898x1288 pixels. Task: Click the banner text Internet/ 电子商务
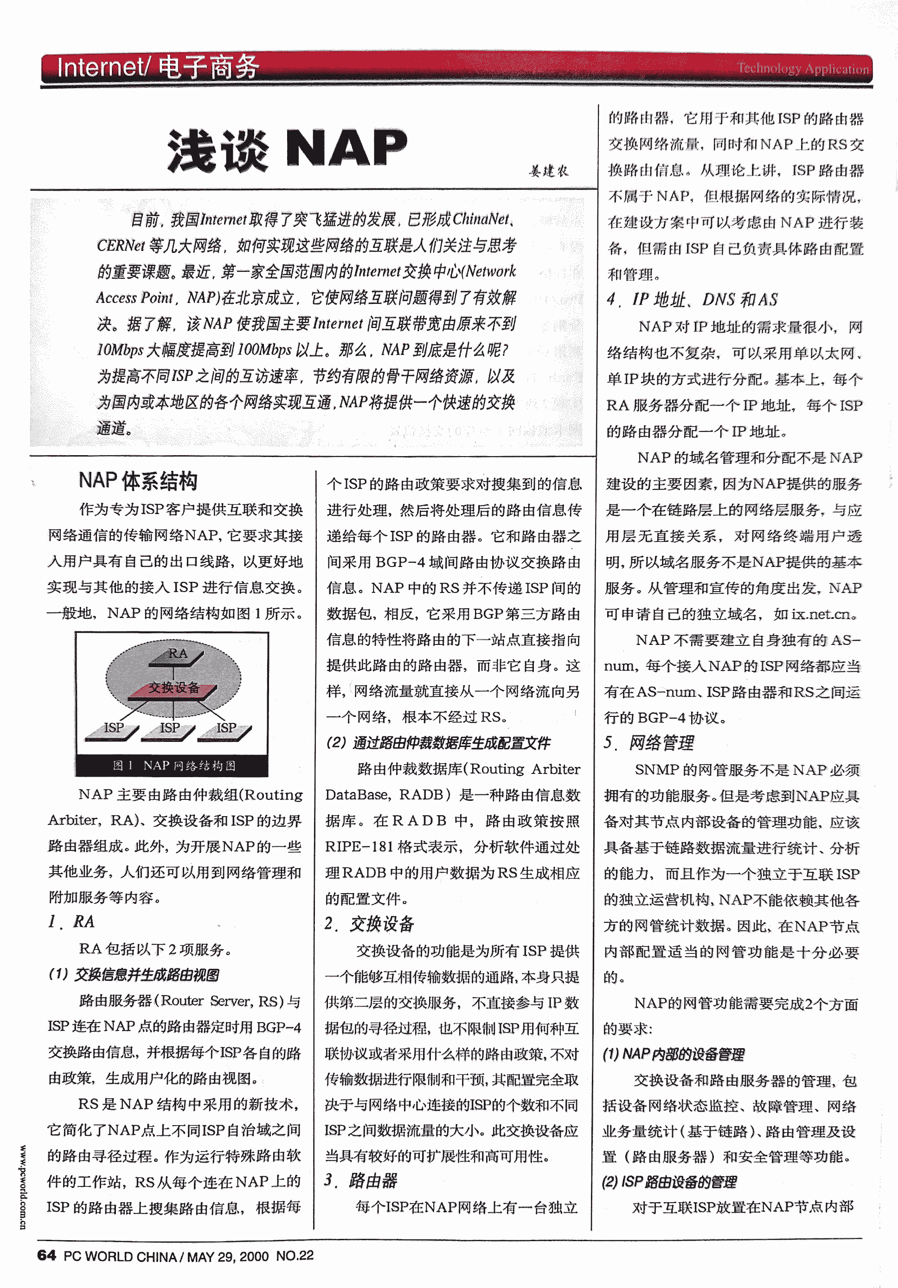[x=158, y=67]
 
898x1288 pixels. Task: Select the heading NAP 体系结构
[x=138, y=481]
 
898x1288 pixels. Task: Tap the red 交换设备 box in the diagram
[x=174, y=688]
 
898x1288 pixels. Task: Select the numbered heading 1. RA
[x=72, y=921]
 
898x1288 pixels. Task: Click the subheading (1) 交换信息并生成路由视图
[x=134, y=974]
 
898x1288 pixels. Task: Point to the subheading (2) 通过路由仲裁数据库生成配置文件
[x=438, y=743]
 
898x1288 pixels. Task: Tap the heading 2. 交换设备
[x=370, y=924]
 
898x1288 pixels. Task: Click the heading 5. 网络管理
[x=649, y=743]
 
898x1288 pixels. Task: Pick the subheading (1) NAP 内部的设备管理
[x=673, y=1055]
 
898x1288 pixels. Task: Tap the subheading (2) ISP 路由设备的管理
[x=669, y=1182]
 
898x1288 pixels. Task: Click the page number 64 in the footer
[x=46, y=1256]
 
